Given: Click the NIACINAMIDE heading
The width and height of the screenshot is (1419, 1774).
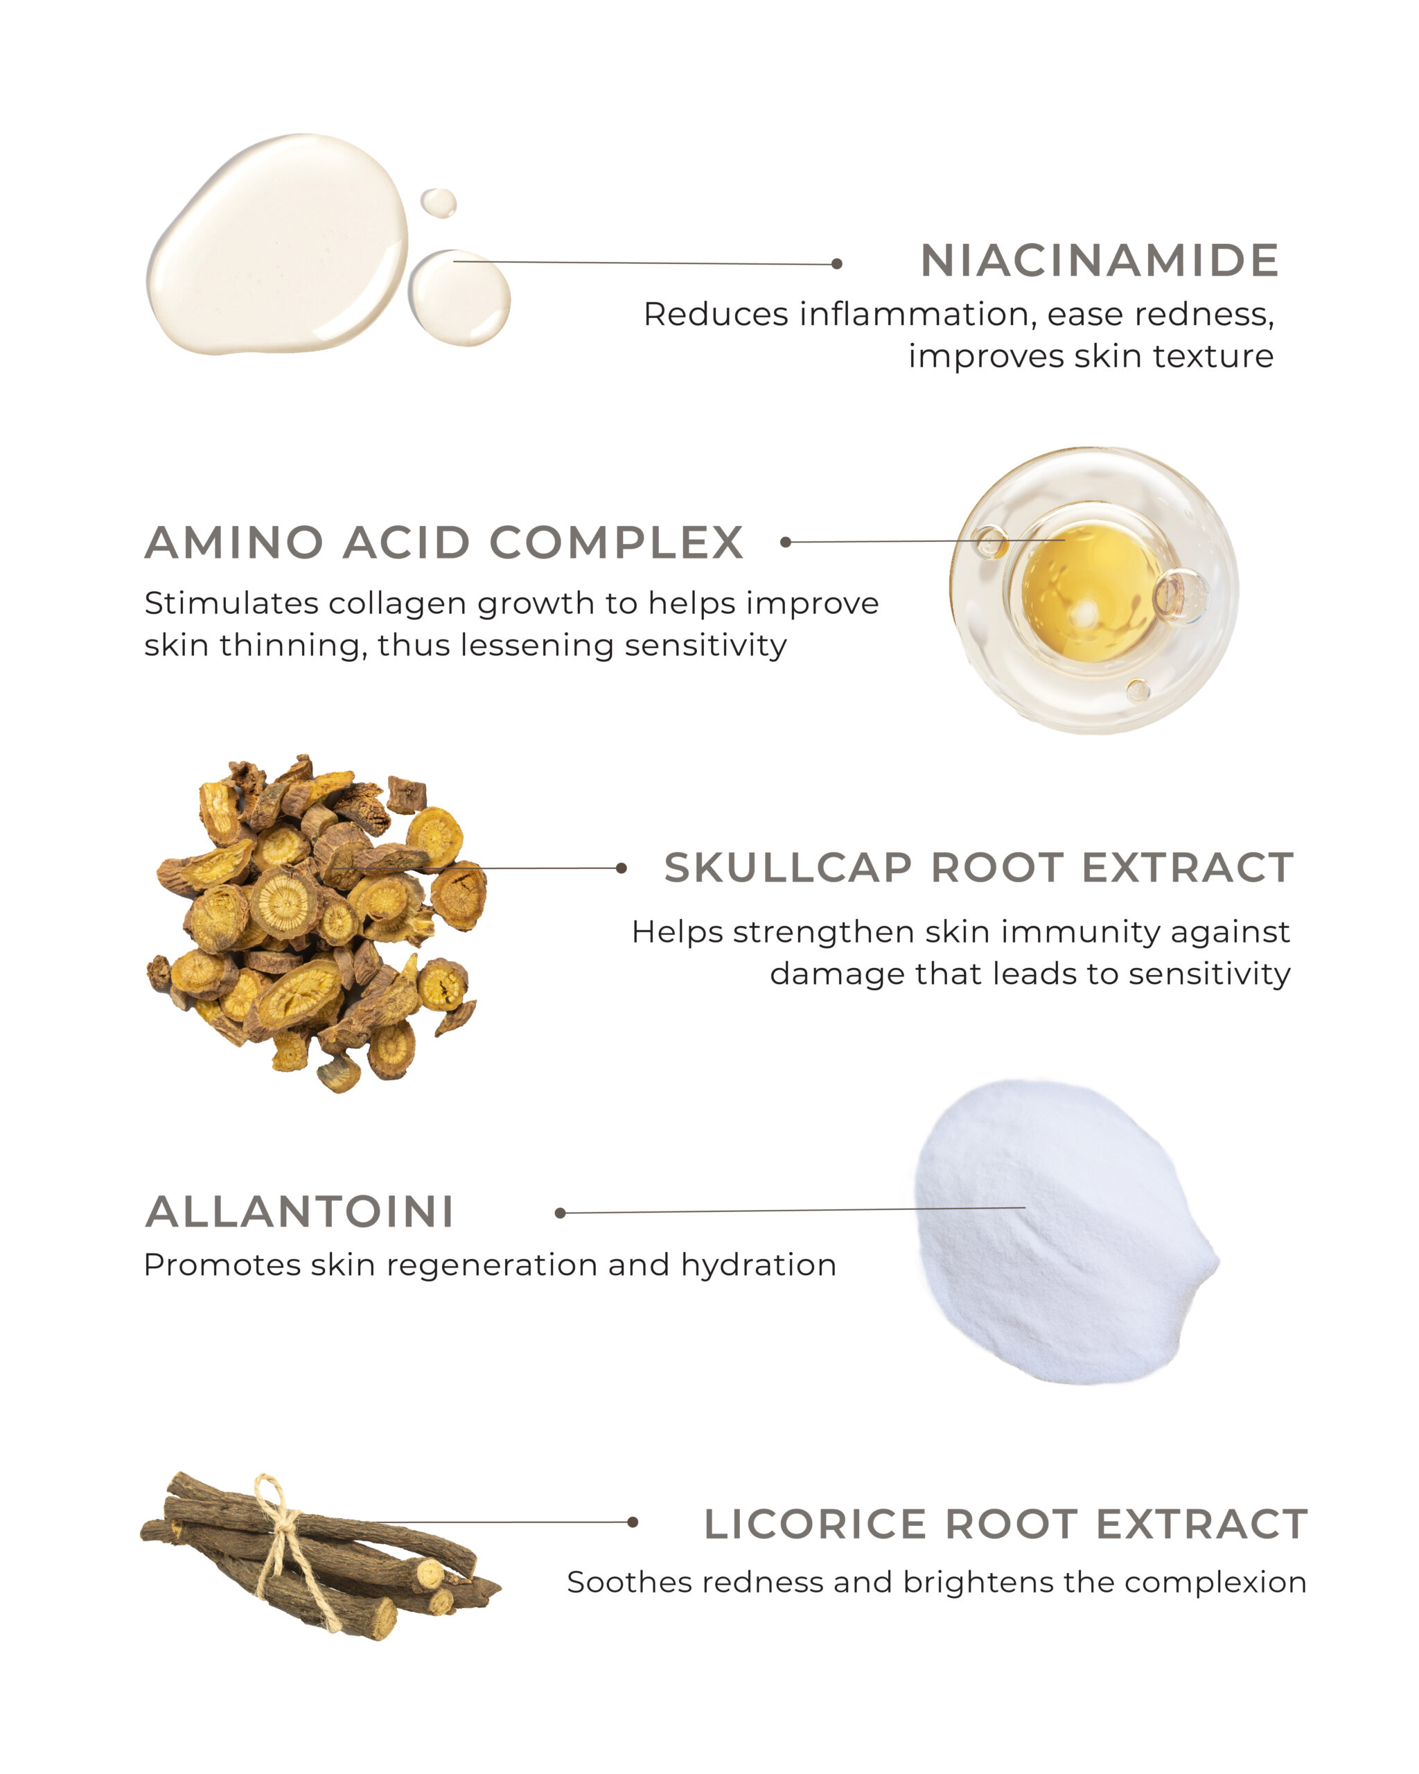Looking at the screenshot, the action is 1099,261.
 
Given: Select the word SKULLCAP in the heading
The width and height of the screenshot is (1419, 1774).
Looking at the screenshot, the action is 788,868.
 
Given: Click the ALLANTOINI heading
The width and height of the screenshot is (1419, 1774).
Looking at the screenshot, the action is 299,1212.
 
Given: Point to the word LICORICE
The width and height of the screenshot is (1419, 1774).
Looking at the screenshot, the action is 816,1524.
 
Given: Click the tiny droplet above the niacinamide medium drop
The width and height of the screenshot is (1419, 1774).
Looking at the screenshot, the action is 439,203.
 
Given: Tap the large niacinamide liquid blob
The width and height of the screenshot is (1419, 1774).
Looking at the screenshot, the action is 277,245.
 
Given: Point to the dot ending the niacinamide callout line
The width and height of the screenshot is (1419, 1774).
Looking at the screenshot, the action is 836,264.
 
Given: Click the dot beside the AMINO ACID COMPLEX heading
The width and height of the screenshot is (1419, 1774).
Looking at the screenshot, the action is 786,542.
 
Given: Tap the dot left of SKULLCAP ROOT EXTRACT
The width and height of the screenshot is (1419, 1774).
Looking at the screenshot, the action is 621,868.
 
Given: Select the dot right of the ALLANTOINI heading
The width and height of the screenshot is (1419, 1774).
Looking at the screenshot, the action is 561,1213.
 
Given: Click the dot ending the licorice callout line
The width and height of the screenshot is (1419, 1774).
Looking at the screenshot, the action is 633,1522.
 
